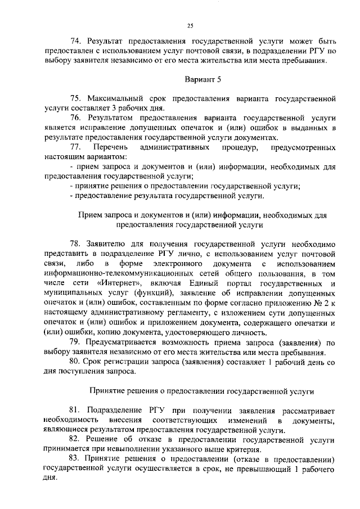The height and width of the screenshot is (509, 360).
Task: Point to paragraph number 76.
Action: [76, 118]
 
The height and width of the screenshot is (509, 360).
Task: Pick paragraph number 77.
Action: [76, 147]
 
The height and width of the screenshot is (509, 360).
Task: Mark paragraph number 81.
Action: [76, 410]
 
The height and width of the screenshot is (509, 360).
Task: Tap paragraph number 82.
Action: [76, 439]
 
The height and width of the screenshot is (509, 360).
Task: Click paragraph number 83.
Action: [76, 458]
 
